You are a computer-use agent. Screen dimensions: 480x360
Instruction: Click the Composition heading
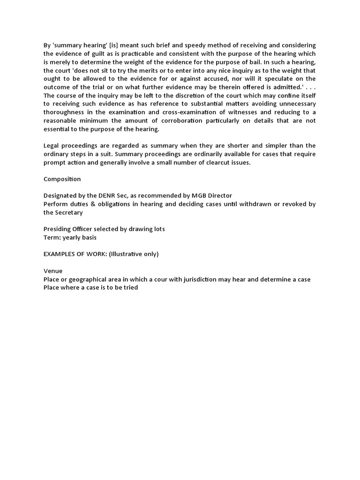62,179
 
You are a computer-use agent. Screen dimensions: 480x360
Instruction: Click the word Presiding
58,229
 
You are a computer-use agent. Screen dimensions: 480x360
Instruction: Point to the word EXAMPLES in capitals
61,254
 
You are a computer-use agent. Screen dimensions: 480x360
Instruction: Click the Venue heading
53,271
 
